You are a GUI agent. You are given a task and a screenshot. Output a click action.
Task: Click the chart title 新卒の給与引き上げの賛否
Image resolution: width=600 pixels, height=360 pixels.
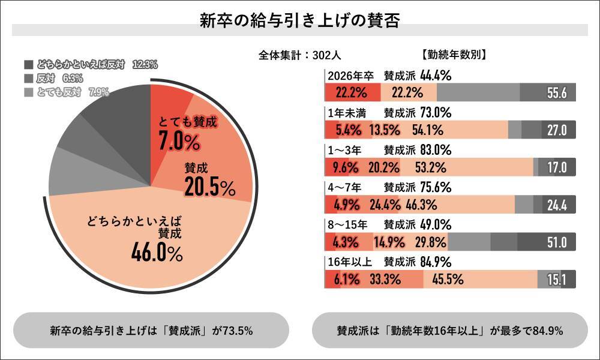(299, 21)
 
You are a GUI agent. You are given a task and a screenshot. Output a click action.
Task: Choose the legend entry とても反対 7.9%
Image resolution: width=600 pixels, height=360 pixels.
(66, 92)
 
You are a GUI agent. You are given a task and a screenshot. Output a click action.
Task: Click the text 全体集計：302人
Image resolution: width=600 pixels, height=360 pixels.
(300, 55)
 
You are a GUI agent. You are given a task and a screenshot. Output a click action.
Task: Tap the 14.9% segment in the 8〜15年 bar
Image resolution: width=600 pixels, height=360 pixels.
(391, 242)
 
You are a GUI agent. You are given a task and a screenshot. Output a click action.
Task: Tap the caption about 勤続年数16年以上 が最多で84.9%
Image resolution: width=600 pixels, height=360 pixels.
(449, 331)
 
